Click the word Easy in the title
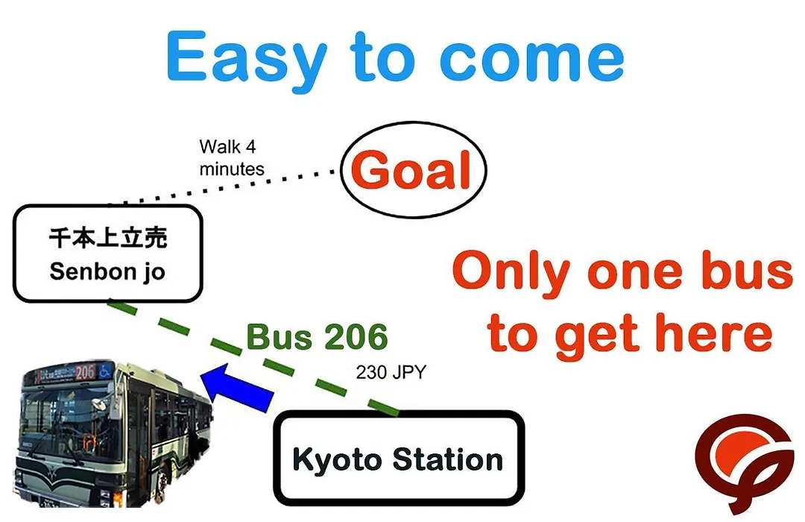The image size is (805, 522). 246,60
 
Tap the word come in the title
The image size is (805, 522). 532,60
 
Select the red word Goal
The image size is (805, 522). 411,170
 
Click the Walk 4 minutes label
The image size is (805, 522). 232,158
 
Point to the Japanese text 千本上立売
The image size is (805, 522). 108,239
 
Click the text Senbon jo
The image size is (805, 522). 107,271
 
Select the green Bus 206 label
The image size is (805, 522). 317,337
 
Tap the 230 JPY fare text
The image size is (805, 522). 391,372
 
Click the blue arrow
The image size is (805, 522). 237,387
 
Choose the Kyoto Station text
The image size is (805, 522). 398,459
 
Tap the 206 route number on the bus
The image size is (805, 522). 85,372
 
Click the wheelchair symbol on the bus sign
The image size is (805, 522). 105,370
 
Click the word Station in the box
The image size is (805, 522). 448,459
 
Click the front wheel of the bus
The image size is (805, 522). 162,480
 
